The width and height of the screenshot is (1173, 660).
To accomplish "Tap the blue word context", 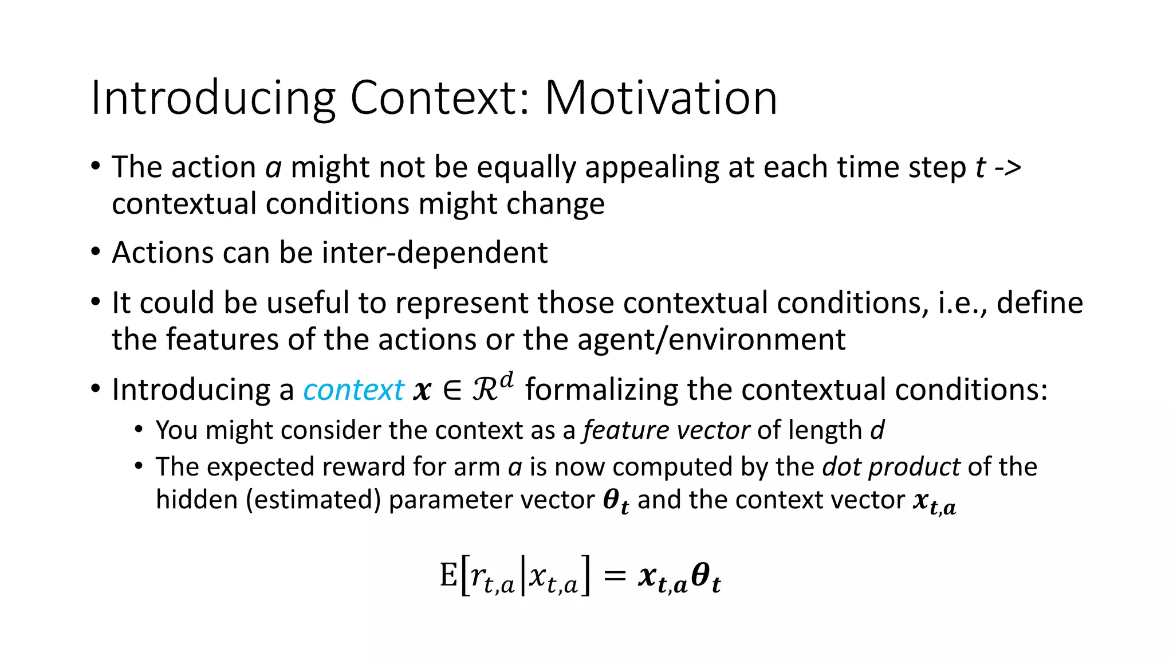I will pos(353,390).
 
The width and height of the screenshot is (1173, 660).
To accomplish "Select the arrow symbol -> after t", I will pos(1007,168).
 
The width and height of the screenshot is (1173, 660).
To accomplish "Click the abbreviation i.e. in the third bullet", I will pos(961,303).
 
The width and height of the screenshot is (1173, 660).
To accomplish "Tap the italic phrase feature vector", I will pos(666,430).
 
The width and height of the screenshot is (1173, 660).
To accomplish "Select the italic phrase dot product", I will pos(891,466).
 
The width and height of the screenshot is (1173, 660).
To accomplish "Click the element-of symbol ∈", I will pos(452,391).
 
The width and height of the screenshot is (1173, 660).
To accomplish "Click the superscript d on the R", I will pos(506,380).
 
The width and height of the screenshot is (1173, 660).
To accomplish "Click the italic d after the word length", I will pos(877,430).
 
